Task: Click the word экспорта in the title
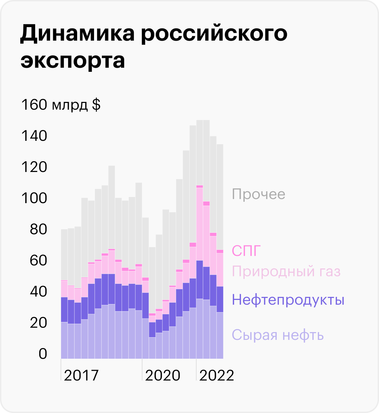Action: tap(73, 61)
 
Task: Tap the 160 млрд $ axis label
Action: tap(61, 105)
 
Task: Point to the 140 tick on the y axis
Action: tap(34, 136)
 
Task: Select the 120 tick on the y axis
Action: tap(34, 167)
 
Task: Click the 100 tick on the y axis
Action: tap(34, 198)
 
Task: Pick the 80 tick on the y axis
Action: tap(38, 230)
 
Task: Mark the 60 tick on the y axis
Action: tap(38, 261)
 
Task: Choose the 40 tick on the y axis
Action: tap(38, 292)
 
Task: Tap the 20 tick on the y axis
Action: tap(38, 323)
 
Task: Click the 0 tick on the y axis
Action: tap(43, 354)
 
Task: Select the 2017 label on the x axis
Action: tap(81, 375)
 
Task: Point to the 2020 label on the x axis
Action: tap(163, 375)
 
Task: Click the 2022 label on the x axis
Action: tap(217, 375)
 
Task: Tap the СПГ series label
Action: tap(247, 251)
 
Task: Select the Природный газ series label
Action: tap(286, 271)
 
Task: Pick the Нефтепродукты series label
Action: tap(288, 300)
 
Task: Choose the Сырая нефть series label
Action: tap(278, 335)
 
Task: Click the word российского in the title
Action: tap(214, 34)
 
